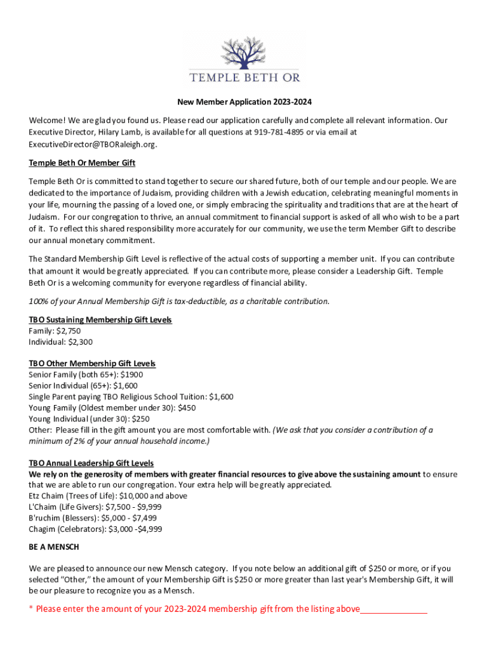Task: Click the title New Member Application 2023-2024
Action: pos(245,102)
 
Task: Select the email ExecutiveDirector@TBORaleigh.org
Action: pos(91,144)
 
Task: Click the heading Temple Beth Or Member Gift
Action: pos(82,163)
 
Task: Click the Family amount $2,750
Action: pos(68,331)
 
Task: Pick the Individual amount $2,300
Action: pos(80,342)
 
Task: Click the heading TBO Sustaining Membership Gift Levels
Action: pos(100,319)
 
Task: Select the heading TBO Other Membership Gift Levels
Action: pos(92,364)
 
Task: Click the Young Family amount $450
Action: pos(187,408)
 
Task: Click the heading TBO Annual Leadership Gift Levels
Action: pos(91,463)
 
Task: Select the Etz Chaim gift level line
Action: pos(108,496)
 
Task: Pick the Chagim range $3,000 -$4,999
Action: pos(135,529)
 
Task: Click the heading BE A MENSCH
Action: pos(54,547)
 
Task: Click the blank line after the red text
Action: pos(394,610)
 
